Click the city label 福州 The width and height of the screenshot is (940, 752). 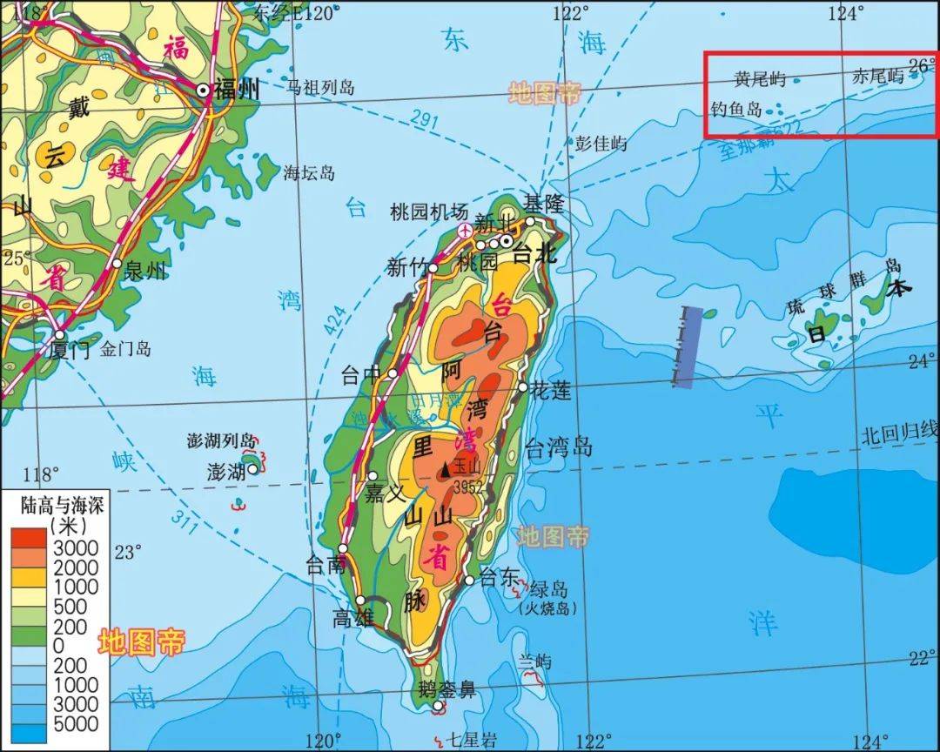click(238, 90)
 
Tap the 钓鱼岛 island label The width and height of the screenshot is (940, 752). click(735, 110)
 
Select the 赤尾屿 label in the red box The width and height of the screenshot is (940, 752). click(878, 77)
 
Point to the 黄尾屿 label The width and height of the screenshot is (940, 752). click(760, 79)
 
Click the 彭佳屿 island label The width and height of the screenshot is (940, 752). click(601, 144)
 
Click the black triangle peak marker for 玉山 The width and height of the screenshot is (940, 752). click(446, 469)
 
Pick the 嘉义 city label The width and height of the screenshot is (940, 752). click(386, 493)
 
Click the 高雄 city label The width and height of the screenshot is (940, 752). click(353, 618)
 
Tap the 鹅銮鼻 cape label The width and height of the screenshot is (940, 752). click(446, 691)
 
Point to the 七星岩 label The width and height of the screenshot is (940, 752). click(471, 741)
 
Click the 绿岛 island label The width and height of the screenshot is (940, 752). click(547, 588)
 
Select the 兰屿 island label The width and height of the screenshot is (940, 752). click(534, 661)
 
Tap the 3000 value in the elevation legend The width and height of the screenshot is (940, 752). click(77, 547)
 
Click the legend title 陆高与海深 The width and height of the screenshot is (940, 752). click(64, 505)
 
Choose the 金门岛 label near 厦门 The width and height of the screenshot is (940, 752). click(125, 349)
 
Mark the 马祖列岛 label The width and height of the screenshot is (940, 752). click(321, 87)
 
